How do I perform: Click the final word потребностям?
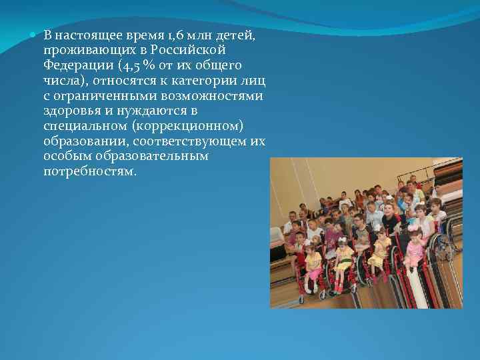[89, 172]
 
